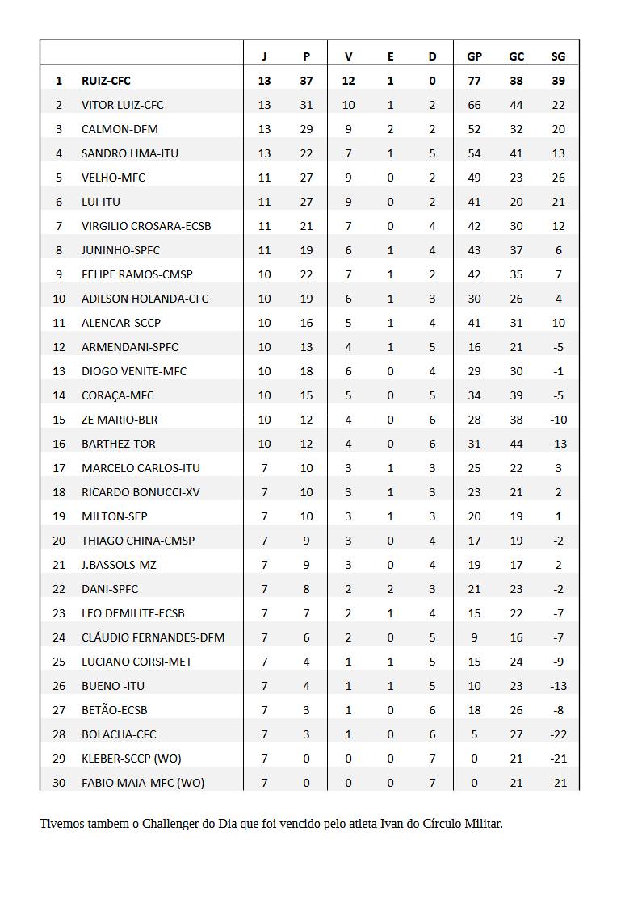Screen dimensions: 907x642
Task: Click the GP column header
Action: pos(474,56)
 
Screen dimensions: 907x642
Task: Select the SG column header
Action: pos(558,56)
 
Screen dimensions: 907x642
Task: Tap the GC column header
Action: pos(516,56)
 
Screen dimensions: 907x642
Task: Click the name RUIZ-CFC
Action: pos(106,81)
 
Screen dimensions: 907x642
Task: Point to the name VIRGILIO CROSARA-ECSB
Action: pos(146,226)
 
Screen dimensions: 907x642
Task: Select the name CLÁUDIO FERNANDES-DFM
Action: pos(153,637)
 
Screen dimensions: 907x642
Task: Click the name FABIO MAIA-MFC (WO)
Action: pos(143,783)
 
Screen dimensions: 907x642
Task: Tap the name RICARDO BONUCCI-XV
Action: pos(141,492)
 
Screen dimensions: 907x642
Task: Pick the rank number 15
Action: pos(59,420)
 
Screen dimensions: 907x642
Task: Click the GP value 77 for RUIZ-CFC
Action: pos(474,81)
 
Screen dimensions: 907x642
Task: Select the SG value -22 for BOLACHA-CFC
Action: pos(558,734)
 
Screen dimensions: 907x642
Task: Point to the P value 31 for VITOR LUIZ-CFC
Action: pos(306,105)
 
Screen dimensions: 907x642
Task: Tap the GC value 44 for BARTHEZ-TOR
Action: pos(516,444)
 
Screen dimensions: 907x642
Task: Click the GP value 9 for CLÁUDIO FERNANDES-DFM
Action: pos(474,637)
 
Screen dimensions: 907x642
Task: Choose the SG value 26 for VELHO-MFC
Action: pos(558,178)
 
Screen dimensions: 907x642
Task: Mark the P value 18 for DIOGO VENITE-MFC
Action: pos(306,371)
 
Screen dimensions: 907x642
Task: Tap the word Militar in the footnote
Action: pos(481,824)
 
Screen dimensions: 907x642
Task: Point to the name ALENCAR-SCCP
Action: pos(121,323)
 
